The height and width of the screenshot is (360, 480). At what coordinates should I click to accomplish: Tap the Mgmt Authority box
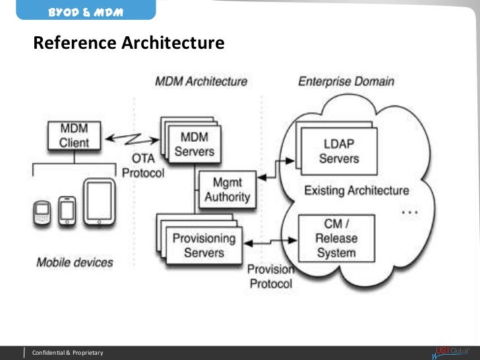(227, 189)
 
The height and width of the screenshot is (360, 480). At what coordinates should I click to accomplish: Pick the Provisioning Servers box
(204, 245)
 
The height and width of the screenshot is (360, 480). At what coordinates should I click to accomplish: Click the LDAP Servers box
(339, 151)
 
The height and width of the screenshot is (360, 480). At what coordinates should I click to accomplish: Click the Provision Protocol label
(269, 276)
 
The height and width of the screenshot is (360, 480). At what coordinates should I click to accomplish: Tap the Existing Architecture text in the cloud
(356, 191)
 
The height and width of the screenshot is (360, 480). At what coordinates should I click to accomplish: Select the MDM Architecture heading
(201, 82)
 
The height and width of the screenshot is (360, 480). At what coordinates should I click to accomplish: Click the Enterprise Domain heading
(346, 82)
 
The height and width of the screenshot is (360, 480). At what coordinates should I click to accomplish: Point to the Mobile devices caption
(75, 262)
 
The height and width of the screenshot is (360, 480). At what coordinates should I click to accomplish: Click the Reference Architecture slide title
(129, 44)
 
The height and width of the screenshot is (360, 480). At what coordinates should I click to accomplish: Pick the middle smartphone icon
(67, 210)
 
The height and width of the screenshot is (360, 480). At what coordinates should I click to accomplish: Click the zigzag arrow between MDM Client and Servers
(133, 139)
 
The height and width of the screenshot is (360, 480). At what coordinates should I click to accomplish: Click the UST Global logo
(451, 351)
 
